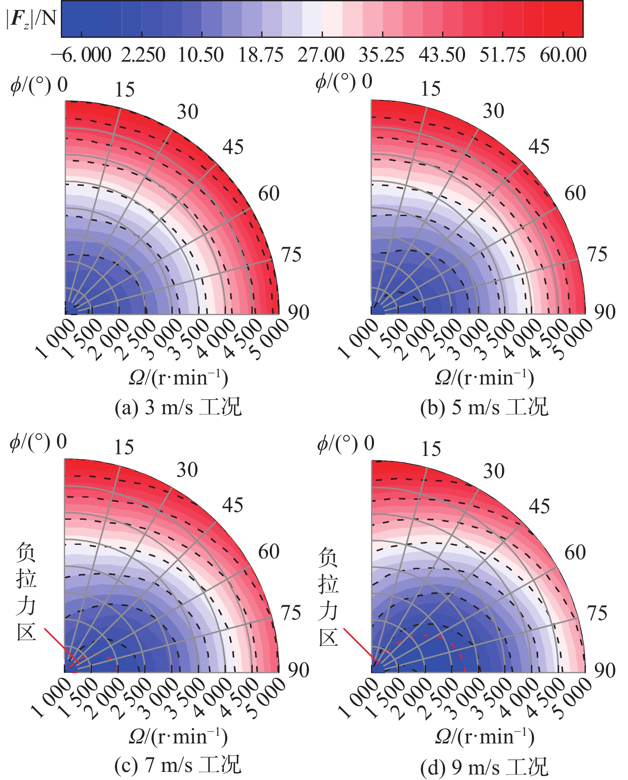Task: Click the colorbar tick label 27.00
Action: [x=321, y=55]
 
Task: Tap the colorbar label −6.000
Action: [x=81, y=55]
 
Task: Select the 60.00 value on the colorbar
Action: [x=563, y=55]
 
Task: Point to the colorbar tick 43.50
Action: [x=442, y=55]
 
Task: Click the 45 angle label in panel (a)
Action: [x=233, y=147]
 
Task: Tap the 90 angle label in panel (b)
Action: [x=605, y=312]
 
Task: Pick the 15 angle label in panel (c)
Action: [x=124, y=447]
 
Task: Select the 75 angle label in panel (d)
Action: [x=597, y=613]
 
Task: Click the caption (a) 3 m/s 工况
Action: [x=178, y=407]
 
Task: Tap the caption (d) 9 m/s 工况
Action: [x=484, y=767]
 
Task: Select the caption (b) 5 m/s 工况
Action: [x=484, y=407]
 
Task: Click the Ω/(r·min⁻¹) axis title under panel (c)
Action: [x=178, y=737]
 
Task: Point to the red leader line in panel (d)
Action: [x=360, y=646]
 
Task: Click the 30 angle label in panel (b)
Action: [x=493, y=111]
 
